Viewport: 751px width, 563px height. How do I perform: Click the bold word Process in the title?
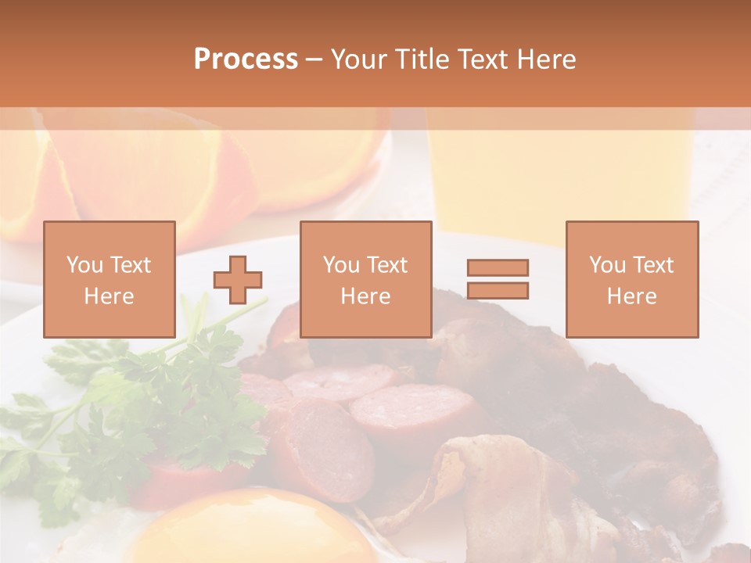click(246, 59)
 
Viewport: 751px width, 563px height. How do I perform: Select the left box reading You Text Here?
click(110, 279)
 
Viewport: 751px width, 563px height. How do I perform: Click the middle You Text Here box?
click(365, 279)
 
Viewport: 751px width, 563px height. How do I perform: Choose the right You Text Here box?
click(631, 279)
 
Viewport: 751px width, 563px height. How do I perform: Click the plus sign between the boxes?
click(239, 279)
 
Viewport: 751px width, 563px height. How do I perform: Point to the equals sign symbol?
click(498, 279)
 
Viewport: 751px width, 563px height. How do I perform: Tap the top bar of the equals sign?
click(498, 267)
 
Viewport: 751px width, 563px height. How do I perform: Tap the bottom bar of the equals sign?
click(498, 291)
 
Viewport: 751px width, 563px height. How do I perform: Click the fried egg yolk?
click(258, 532)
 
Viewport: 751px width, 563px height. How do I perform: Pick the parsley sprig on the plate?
click(149, 407)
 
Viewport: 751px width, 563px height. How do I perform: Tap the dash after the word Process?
click(314, 59)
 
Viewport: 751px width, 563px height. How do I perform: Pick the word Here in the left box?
click(110, 296)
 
